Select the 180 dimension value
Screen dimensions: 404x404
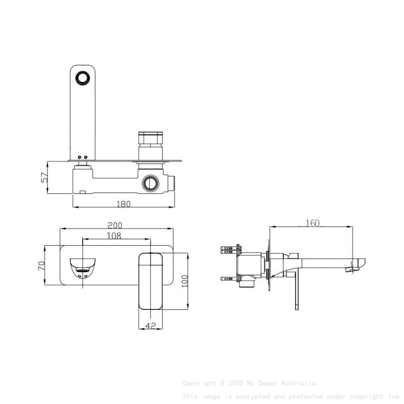[x=123, y=204]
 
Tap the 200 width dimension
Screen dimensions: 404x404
[x=115, y=225]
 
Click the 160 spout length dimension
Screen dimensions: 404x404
[x=312, y=223]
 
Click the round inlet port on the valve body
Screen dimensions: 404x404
[x=151, y=183]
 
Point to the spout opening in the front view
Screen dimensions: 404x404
[x=83, y=267]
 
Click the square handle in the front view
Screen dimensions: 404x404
[x=151, y=280]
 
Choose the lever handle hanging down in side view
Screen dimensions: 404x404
[x=297, y=290]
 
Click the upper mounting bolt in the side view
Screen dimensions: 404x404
[x=231, y=248]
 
